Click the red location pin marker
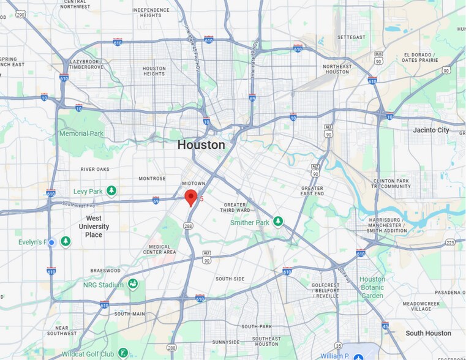pos(191,197)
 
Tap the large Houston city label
pos(201,145)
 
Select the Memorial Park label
pos(81,133)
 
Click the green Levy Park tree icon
pos(111,192)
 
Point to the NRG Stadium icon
pos(133,284)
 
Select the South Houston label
pos(428,333)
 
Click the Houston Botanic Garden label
pos(372,288)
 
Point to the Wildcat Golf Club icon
pos(124,353)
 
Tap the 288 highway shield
pos(187,226)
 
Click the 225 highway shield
pos(451,242)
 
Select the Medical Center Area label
pos(159,248)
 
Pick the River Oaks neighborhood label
pos(94,170)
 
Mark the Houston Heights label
pos(154,71)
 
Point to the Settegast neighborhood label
pos(351,37)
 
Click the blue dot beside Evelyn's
pos(52,242)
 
